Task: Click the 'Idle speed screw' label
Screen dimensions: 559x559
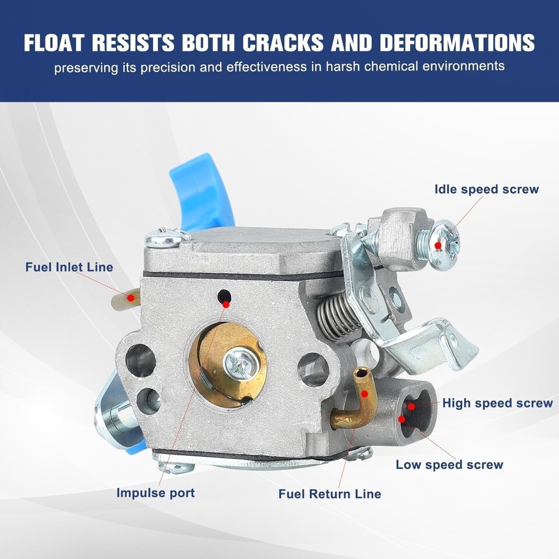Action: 487,189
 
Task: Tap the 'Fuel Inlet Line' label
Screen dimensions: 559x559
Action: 69,267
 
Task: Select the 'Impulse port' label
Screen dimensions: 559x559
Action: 155,493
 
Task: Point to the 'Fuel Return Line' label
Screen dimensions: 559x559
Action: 330,494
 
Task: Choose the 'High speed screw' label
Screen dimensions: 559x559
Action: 497,403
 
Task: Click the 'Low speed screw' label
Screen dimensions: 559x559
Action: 449,465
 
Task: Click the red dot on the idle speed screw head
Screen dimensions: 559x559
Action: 438,246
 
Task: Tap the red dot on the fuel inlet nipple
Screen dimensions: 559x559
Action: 131,298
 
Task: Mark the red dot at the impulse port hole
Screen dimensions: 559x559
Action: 226,305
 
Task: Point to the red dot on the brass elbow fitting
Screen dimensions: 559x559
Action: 365,394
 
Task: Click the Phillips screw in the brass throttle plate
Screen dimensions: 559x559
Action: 239,364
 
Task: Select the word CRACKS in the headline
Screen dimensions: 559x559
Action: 283,43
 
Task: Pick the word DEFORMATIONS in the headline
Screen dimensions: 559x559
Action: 457,43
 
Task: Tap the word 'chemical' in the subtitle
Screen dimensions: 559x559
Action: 391,66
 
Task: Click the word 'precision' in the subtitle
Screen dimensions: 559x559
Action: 168,68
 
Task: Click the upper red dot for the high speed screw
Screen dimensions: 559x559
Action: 412,406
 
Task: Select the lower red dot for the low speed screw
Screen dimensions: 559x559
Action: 402,419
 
